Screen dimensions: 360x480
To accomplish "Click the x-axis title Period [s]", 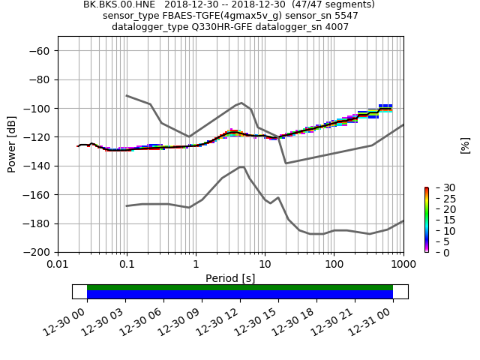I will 230,278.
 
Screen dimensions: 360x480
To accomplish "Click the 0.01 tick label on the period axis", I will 58,265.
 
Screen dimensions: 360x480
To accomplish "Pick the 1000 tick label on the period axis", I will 403,265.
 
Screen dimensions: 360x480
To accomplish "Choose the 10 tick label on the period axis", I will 265,265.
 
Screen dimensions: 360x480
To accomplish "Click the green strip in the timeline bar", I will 240,287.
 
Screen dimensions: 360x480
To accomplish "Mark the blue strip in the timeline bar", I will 240,295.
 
